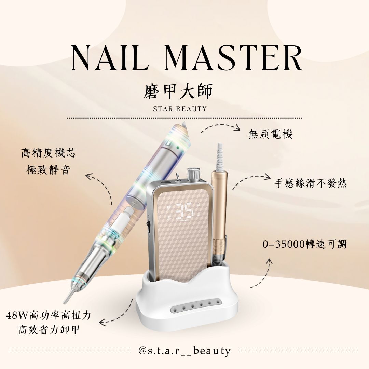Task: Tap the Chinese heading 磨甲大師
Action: coord(178,92)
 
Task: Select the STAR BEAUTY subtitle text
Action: coord(180,109)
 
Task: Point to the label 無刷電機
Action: coord(271,135)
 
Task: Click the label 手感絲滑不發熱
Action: coord(311,183)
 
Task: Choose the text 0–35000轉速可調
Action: coord(305,244)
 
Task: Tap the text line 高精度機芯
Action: coord(49,153)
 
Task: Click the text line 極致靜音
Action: coord(49,170)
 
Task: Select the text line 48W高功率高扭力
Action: coord(49,315)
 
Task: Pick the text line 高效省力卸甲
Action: coord(49,330)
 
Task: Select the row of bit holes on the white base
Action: coord(196,305)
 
